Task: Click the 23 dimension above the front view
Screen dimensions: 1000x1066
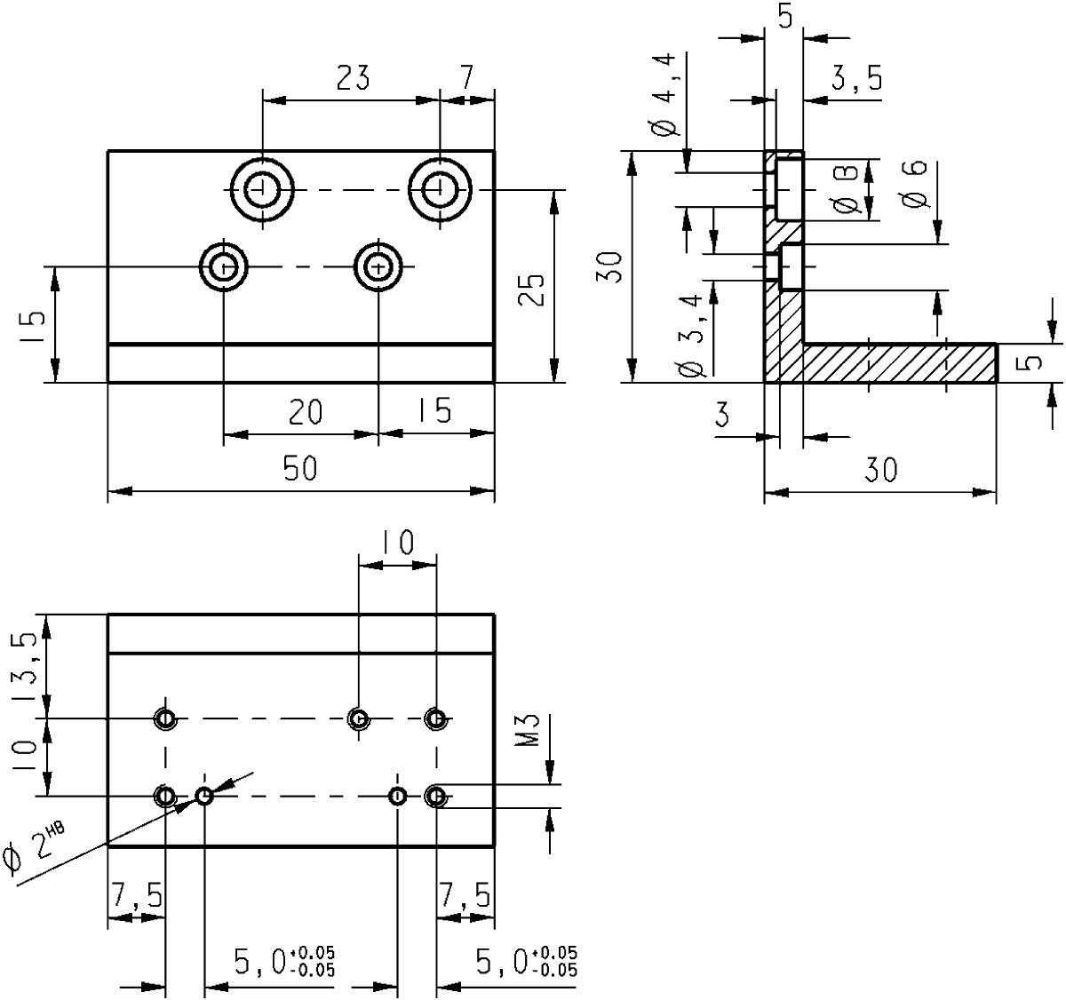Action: point(353,79)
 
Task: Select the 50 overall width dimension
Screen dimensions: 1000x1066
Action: point(300,468)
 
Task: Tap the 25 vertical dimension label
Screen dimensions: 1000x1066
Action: point(530,288)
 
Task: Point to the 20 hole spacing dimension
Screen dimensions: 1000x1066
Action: point(305,412)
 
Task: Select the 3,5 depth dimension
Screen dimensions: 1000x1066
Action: point(856,80)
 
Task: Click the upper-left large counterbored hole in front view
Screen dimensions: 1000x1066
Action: point(262,189)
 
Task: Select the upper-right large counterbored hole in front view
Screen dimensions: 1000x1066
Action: point(440,189)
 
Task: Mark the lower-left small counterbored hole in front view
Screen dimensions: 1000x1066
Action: point(224,266)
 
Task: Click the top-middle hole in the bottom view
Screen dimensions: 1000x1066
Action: point(358,718)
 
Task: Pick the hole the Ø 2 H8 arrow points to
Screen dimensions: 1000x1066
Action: point(204,796)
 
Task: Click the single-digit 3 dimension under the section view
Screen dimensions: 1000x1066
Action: point(721,415)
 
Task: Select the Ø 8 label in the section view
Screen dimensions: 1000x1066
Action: point(847,189)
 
